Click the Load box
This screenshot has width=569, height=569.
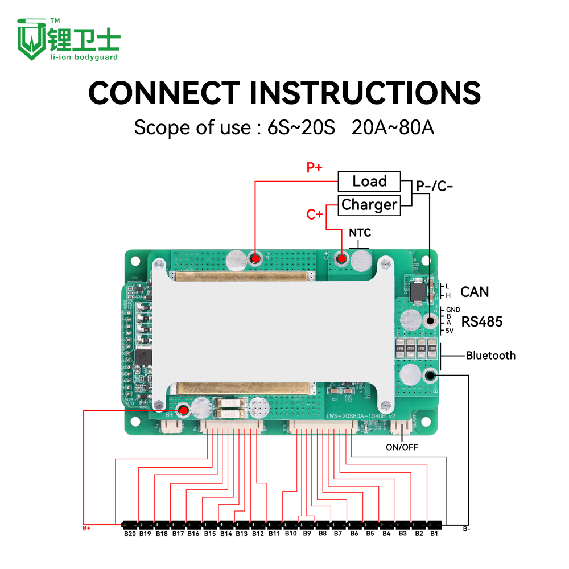click(x=369, y=182)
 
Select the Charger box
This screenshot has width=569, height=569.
click(x=369, y=205)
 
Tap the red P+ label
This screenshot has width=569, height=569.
click(x=315, y=167)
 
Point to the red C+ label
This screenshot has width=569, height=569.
click(x=315, y=215)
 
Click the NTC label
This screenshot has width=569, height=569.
click(x=360, y=233)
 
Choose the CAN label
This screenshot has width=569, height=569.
click(x=475, y=292)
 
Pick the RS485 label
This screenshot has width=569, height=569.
click(x=482, y=321)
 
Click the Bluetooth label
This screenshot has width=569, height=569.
click(x=490, y=356)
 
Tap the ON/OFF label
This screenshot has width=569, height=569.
click(x=402, y=447)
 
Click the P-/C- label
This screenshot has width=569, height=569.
click(x=435, y=186)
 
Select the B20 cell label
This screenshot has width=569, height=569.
click(x=130, y=534)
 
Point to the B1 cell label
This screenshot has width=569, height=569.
click(x=434, y=534)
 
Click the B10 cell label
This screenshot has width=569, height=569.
click(x=291, y=534)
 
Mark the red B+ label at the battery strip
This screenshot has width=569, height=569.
click(x=86, y=529)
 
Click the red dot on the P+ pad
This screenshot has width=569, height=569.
click(x=255, y=259)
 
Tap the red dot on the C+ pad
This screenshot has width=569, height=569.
click(x=341, y=259)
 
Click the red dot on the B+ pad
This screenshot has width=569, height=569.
click(x=183, y=410)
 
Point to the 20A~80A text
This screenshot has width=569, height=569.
click(x=393, y=127)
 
